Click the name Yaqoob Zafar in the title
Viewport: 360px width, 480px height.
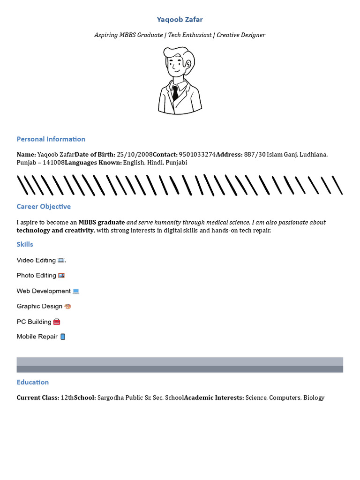180,19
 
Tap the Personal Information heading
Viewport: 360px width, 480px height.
51,139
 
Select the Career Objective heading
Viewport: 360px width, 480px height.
44,206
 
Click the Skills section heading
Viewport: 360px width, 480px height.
25,244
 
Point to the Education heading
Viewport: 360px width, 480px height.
33,382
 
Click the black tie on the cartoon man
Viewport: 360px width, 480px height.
175,93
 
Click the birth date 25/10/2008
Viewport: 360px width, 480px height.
135,154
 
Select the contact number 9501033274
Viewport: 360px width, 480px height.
197,154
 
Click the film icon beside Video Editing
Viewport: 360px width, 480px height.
61,260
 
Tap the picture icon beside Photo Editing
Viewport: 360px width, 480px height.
61,276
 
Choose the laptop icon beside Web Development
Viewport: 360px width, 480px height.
75,291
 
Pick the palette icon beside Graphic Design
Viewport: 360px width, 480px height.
67,306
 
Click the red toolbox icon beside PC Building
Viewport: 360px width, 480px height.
57,322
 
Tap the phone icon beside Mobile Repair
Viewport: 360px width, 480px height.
63,337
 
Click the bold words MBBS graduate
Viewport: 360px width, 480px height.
102,222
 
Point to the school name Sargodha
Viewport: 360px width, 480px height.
111,397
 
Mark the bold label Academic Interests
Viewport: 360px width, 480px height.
214,397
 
